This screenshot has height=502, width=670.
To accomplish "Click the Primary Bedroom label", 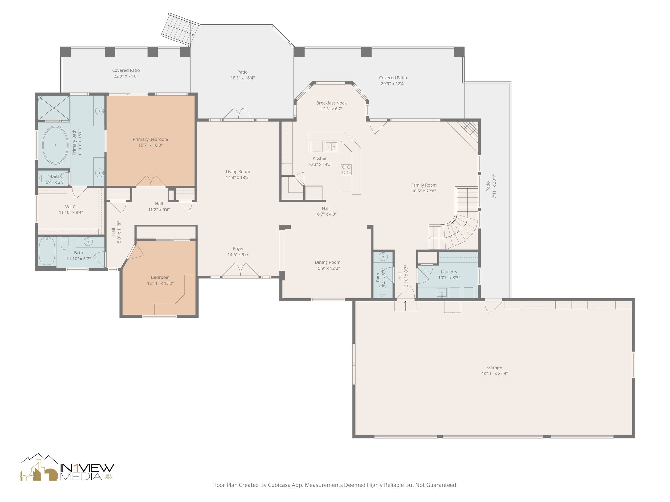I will (150, 139).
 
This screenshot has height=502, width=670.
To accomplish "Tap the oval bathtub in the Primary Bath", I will (55, 145).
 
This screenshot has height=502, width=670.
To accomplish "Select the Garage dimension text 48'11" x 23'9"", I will (494, 373).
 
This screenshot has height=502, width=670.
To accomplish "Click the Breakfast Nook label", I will (331, 103).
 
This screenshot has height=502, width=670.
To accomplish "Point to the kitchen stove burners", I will (346, 169).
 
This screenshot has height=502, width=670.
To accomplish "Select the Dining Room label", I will (327, 262).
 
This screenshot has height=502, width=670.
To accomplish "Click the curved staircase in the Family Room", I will (458, 226).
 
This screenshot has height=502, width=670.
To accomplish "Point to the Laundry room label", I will (449, 272).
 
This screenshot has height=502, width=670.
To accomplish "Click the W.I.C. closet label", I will (71, 207).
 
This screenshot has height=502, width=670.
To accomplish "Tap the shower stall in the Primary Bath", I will (53, 108).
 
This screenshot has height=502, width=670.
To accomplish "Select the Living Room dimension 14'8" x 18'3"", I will (238, 177).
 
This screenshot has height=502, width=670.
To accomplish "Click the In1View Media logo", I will (67, 468).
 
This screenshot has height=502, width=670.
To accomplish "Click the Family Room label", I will (424, 185).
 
